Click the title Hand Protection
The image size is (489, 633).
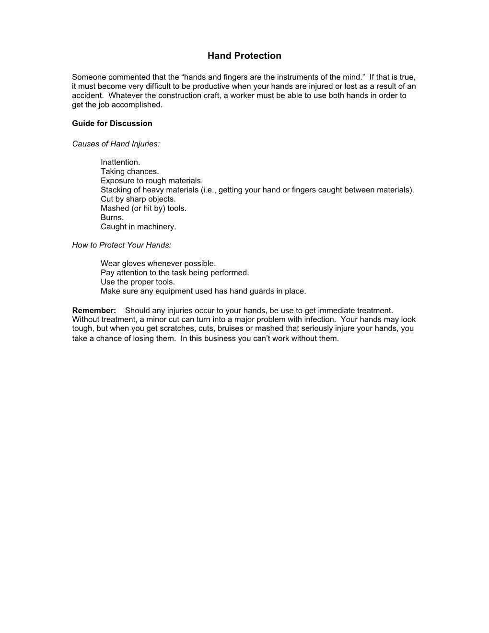[244, 56]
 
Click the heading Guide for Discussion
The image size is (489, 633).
[112, 123]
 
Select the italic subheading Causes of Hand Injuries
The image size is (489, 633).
[116, 144]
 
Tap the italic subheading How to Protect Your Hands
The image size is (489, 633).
[121, 245]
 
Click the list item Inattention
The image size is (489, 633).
[120, 162]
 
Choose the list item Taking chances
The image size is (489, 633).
[129, 171]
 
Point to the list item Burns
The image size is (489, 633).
[112, 217]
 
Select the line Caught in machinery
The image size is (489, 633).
[138, 226]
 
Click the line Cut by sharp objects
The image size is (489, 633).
[138, 199]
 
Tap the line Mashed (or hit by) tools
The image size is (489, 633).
[143, 208]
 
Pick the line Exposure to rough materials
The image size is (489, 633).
[151, 181]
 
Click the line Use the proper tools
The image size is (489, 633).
[138, 282]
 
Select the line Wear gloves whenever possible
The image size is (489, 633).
[158, 263]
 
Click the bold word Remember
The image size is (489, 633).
[94, 310]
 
